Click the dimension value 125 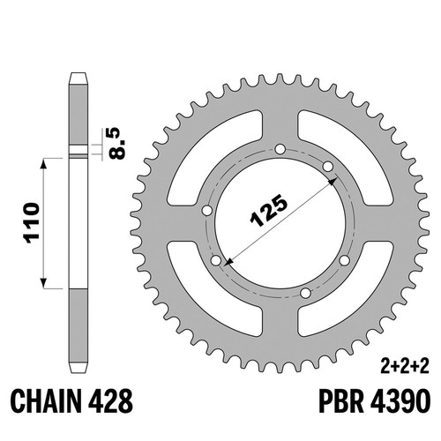click(268, 211)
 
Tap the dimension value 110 click(33, 222)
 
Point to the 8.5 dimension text click(116, 143)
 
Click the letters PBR click(341, 401)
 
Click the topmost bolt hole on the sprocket click(280, 149)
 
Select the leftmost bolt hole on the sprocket click(207, 211)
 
